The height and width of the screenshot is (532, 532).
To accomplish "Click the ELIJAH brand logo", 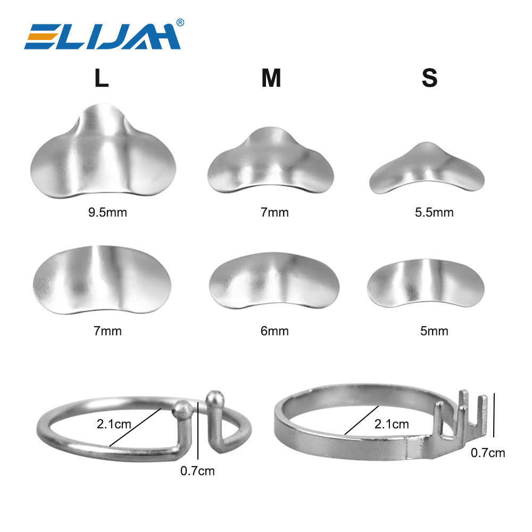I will (101, 36).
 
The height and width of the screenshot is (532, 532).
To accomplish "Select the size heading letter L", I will (102, 79).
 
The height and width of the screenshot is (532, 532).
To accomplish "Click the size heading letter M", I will (271, 79).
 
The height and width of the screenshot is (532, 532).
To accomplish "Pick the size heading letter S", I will (429, 79).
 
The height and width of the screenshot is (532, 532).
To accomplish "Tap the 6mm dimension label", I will (275, 331).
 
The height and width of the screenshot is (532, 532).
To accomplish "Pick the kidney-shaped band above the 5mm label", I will (426, 282).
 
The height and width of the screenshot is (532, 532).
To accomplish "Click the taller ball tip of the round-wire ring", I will (214, 397).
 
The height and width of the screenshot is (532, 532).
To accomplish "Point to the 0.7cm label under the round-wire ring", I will (197, 470).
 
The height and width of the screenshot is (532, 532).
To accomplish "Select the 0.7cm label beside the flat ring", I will (488, 453).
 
